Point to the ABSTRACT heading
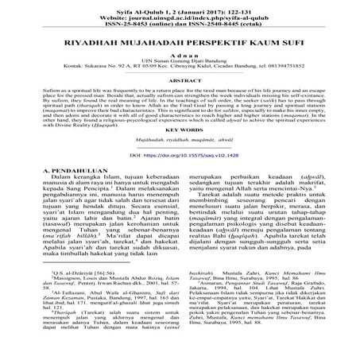click(180, 103)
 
